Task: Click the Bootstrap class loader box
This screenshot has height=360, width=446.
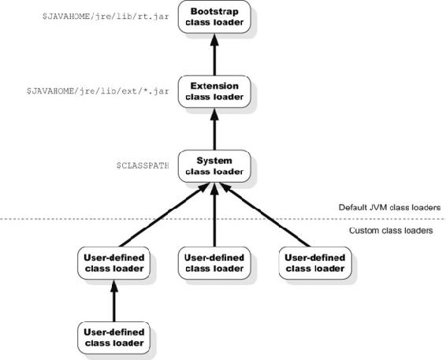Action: coord(214,17)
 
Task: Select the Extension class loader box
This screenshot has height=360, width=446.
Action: coord(214,91)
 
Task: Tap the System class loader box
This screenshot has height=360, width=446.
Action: coord(214,166)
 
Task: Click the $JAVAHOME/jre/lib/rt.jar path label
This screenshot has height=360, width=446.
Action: coord(106,17)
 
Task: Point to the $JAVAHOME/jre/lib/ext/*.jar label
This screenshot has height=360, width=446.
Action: coord(98,91)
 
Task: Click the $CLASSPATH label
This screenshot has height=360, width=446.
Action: coord(143,165)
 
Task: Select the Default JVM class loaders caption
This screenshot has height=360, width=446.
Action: coord(389,207)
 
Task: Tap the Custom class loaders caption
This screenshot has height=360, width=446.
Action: coord(391,230)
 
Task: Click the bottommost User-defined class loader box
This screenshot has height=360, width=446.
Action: coord(113,338)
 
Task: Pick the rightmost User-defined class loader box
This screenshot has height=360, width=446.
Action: coord(315,263)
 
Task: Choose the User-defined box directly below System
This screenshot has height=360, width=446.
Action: coord(214,263)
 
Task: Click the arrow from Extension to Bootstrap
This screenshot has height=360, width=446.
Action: coord(214,54)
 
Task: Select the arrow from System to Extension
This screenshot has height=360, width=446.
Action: coord(214,129)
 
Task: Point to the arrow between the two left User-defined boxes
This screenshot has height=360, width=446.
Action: coord(114,301)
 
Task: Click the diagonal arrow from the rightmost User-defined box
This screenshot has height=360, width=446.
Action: coord(265,215)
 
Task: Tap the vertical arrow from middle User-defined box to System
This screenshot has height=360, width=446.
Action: coord(214,215)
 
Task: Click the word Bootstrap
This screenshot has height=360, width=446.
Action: coord(214,11)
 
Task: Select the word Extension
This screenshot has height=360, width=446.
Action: coord(214,86)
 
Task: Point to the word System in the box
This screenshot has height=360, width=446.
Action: coord(214,161)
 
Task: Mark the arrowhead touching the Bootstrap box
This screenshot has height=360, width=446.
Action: coord(214,39)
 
